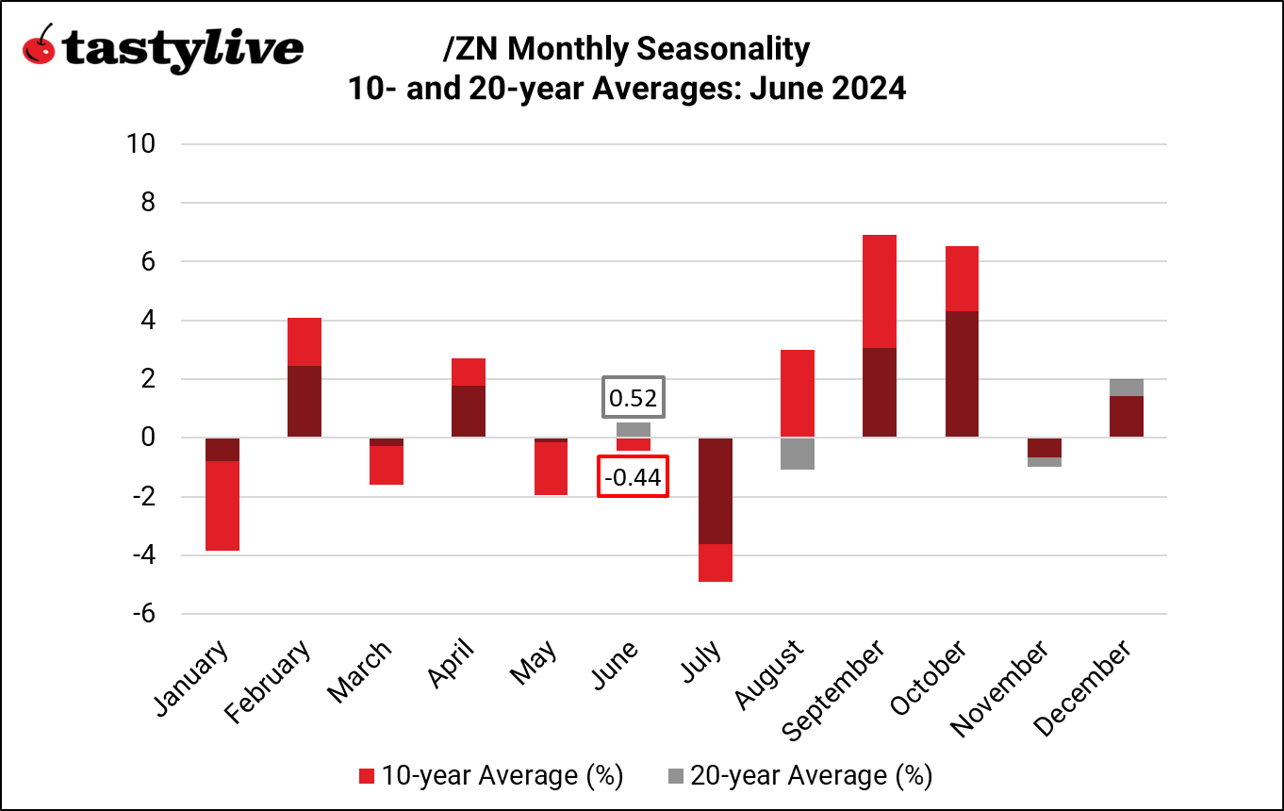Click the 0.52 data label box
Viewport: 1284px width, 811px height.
tap(634, 399)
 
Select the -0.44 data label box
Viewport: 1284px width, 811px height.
tap(634, 478)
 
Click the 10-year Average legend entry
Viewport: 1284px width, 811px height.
tap(491, 776)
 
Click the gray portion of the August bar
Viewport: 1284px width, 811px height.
tap(798, 454)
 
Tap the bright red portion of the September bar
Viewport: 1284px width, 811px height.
tap(879, 291)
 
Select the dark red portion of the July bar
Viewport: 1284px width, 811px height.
tap(715, 490)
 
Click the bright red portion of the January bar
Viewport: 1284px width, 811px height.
tap(222, 505)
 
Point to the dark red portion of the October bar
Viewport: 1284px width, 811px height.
tap(961, 374)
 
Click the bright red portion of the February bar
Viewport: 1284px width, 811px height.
tap(304, 341)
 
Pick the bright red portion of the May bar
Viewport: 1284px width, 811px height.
tap(551, 468)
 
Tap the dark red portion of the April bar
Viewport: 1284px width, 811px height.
tap(469, 411)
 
